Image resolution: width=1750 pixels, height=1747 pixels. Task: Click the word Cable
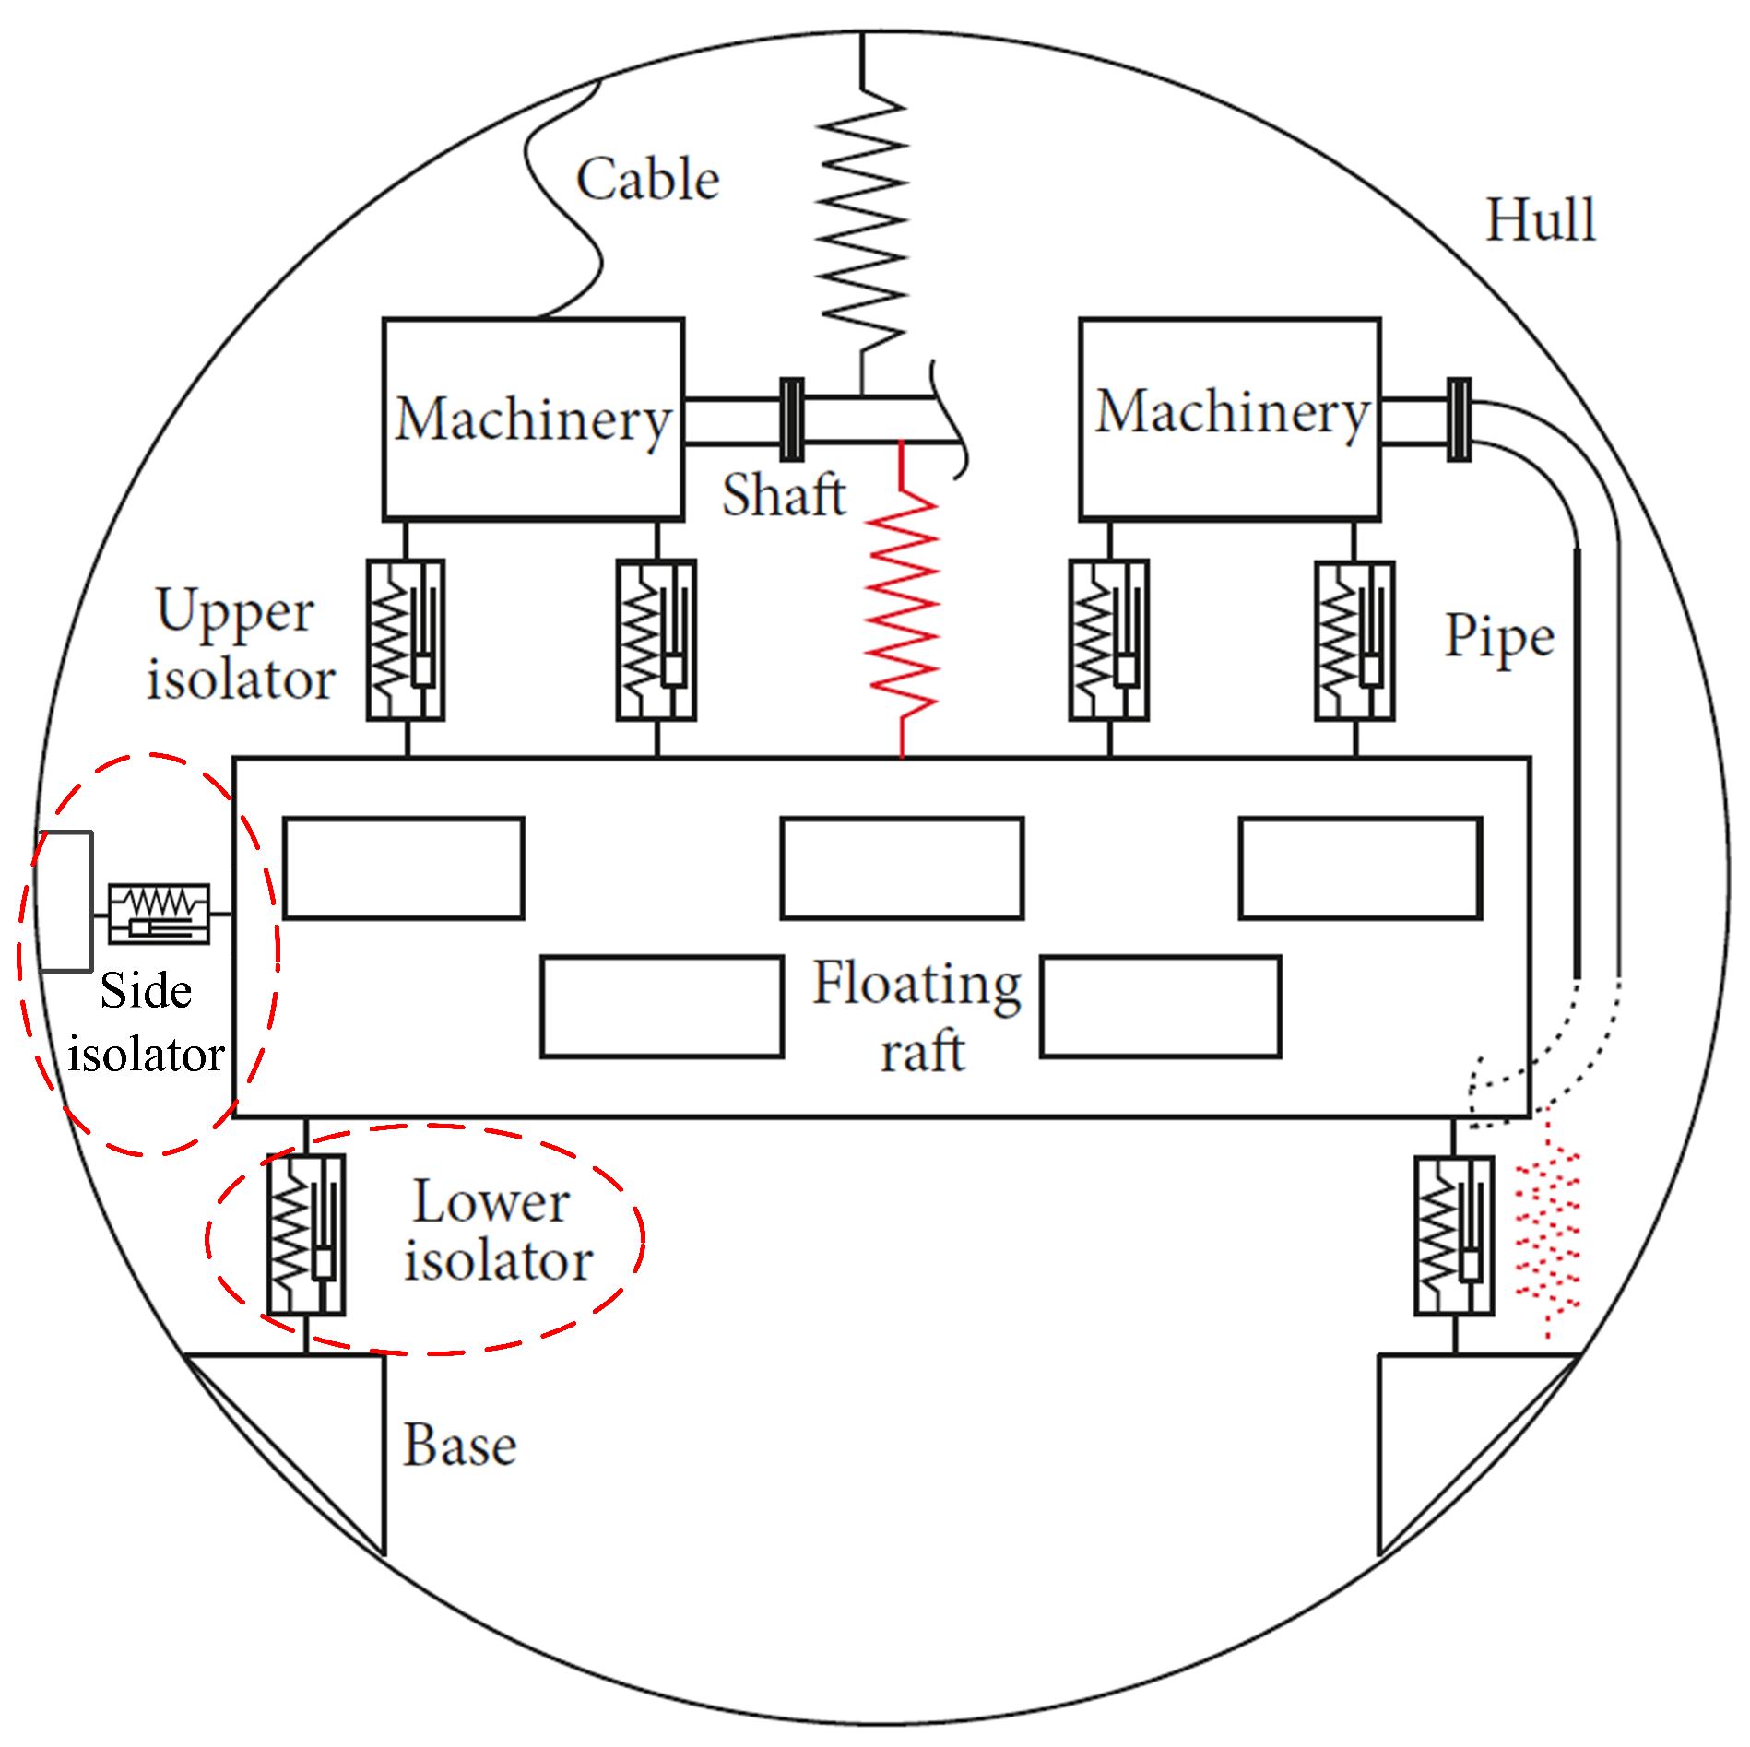point(647,179)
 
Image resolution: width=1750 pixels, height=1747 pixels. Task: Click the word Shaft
point(784,495)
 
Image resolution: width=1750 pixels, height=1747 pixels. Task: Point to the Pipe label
point(1499,636)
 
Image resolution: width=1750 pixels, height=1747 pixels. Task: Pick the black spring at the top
point(862,221)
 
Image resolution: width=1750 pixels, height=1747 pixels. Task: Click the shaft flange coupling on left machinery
point(791,419)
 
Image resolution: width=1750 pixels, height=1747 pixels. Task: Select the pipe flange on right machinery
point(1459,419)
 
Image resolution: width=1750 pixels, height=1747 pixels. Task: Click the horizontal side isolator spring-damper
point(159,914)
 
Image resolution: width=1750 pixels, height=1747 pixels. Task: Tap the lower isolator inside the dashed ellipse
point(305,1234)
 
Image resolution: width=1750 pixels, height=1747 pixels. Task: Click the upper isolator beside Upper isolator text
point(406,640)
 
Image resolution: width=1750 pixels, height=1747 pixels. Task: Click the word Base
point(459,1445)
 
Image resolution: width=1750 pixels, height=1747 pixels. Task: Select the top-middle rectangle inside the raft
point(902,868)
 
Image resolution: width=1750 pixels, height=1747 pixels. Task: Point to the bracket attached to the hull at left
point(65,901)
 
